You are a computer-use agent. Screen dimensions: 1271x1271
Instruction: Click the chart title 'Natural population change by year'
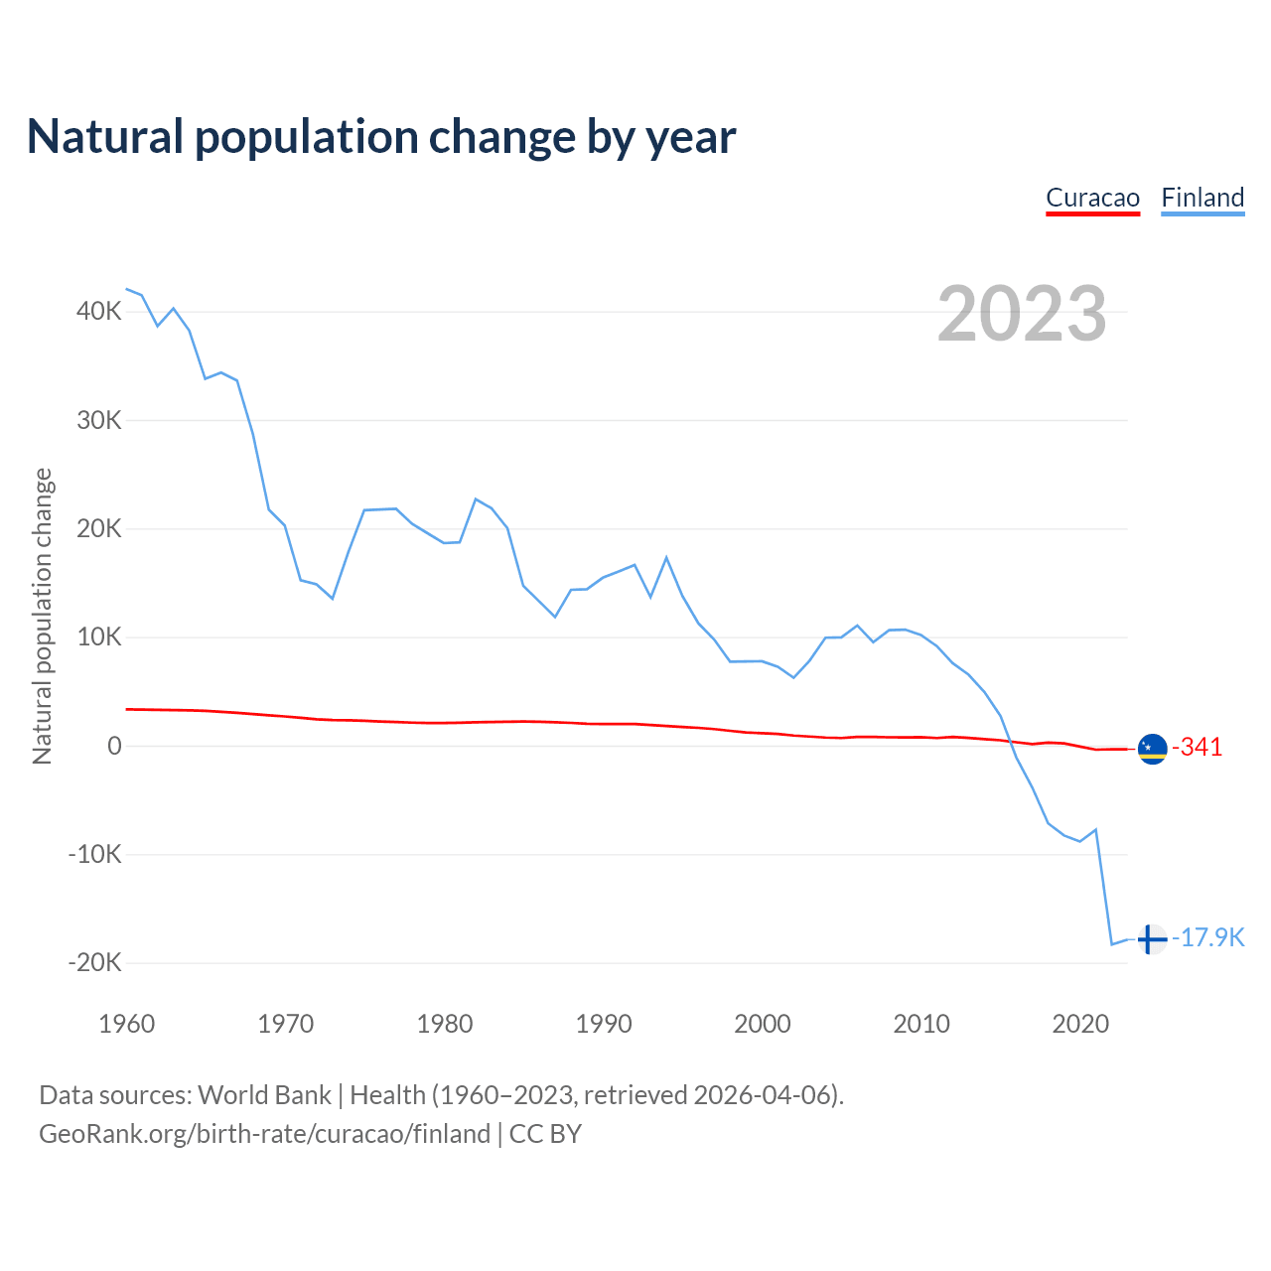tap(381, 137)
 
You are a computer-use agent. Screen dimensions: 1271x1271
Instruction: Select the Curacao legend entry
tap(1092, 198)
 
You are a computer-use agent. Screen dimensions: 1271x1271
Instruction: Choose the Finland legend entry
tap(1202, 198)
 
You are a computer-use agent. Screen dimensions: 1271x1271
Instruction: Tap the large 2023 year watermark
tap(1022, 314)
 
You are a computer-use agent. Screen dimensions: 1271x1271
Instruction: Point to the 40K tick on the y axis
tap(99, 312)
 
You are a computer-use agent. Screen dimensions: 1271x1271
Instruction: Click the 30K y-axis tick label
tap(99, 420)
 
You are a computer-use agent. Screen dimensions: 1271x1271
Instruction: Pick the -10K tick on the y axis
tap(95, 854)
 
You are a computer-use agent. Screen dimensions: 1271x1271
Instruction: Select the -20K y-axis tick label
tap(95, 962)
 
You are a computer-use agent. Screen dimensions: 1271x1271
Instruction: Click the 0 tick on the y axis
tap(114, 746)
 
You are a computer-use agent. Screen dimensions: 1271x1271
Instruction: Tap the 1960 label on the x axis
tap(127, 1024)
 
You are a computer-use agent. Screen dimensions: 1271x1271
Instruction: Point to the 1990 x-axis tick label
tap(604, 1024)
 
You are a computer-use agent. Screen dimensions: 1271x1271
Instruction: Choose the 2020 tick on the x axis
tap(1080, 1024)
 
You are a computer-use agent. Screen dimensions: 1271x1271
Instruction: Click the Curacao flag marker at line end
tap(1152, 749)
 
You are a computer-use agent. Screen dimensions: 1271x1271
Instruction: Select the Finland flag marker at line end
tap(1152, 938)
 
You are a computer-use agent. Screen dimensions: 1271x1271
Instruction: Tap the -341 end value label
tap(1198, 748)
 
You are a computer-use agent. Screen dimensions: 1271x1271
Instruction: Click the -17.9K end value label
tap(1208, 938)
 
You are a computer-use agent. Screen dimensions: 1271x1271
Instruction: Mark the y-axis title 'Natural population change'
tap(43, 617)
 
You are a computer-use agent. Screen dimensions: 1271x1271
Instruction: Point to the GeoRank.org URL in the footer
tap(265, 1134)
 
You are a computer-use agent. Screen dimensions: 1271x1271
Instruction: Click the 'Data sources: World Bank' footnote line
tap(441, 1095)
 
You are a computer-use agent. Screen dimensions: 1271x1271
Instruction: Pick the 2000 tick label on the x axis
tap(763, 1024)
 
